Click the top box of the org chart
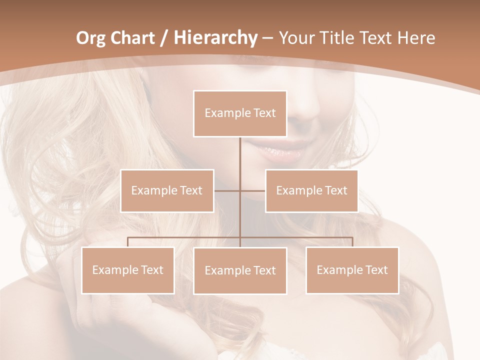240,113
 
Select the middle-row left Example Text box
167,190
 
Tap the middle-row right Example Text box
311,190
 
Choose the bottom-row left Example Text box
128,270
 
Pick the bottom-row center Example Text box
240,270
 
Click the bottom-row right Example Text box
352,270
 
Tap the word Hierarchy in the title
215,38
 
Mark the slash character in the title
163,38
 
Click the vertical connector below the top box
240,155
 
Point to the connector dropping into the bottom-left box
128,242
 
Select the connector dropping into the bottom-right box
352,242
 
